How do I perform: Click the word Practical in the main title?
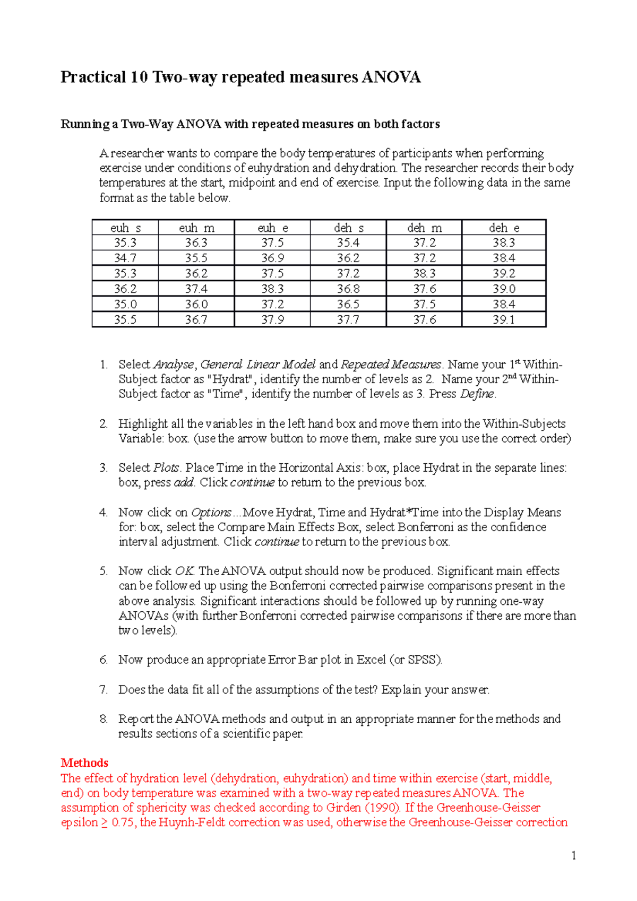click(93, 77)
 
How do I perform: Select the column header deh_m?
click(424, 228)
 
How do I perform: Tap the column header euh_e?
click(272, 228)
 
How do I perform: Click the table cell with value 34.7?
click(125, 258)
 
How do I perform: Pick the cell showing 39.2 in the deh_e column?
click(503, 274)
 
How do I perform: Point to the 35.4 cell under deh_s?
click(348, 243)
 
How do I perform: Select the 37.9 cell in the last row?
click(272, 320)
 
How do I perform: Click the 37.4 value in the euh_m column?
click(196, 289)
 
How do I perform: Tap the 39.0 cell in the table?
click(503, 289)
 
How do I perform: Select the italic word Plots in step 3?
click(166, 468)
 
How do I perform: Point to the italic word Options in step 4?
click(211, 513)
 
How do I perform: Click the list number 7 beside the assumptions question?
click(104, 690)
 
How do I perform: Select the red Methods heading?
click(84, 763)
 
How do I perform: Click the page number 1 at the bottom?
click(574, 855)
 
